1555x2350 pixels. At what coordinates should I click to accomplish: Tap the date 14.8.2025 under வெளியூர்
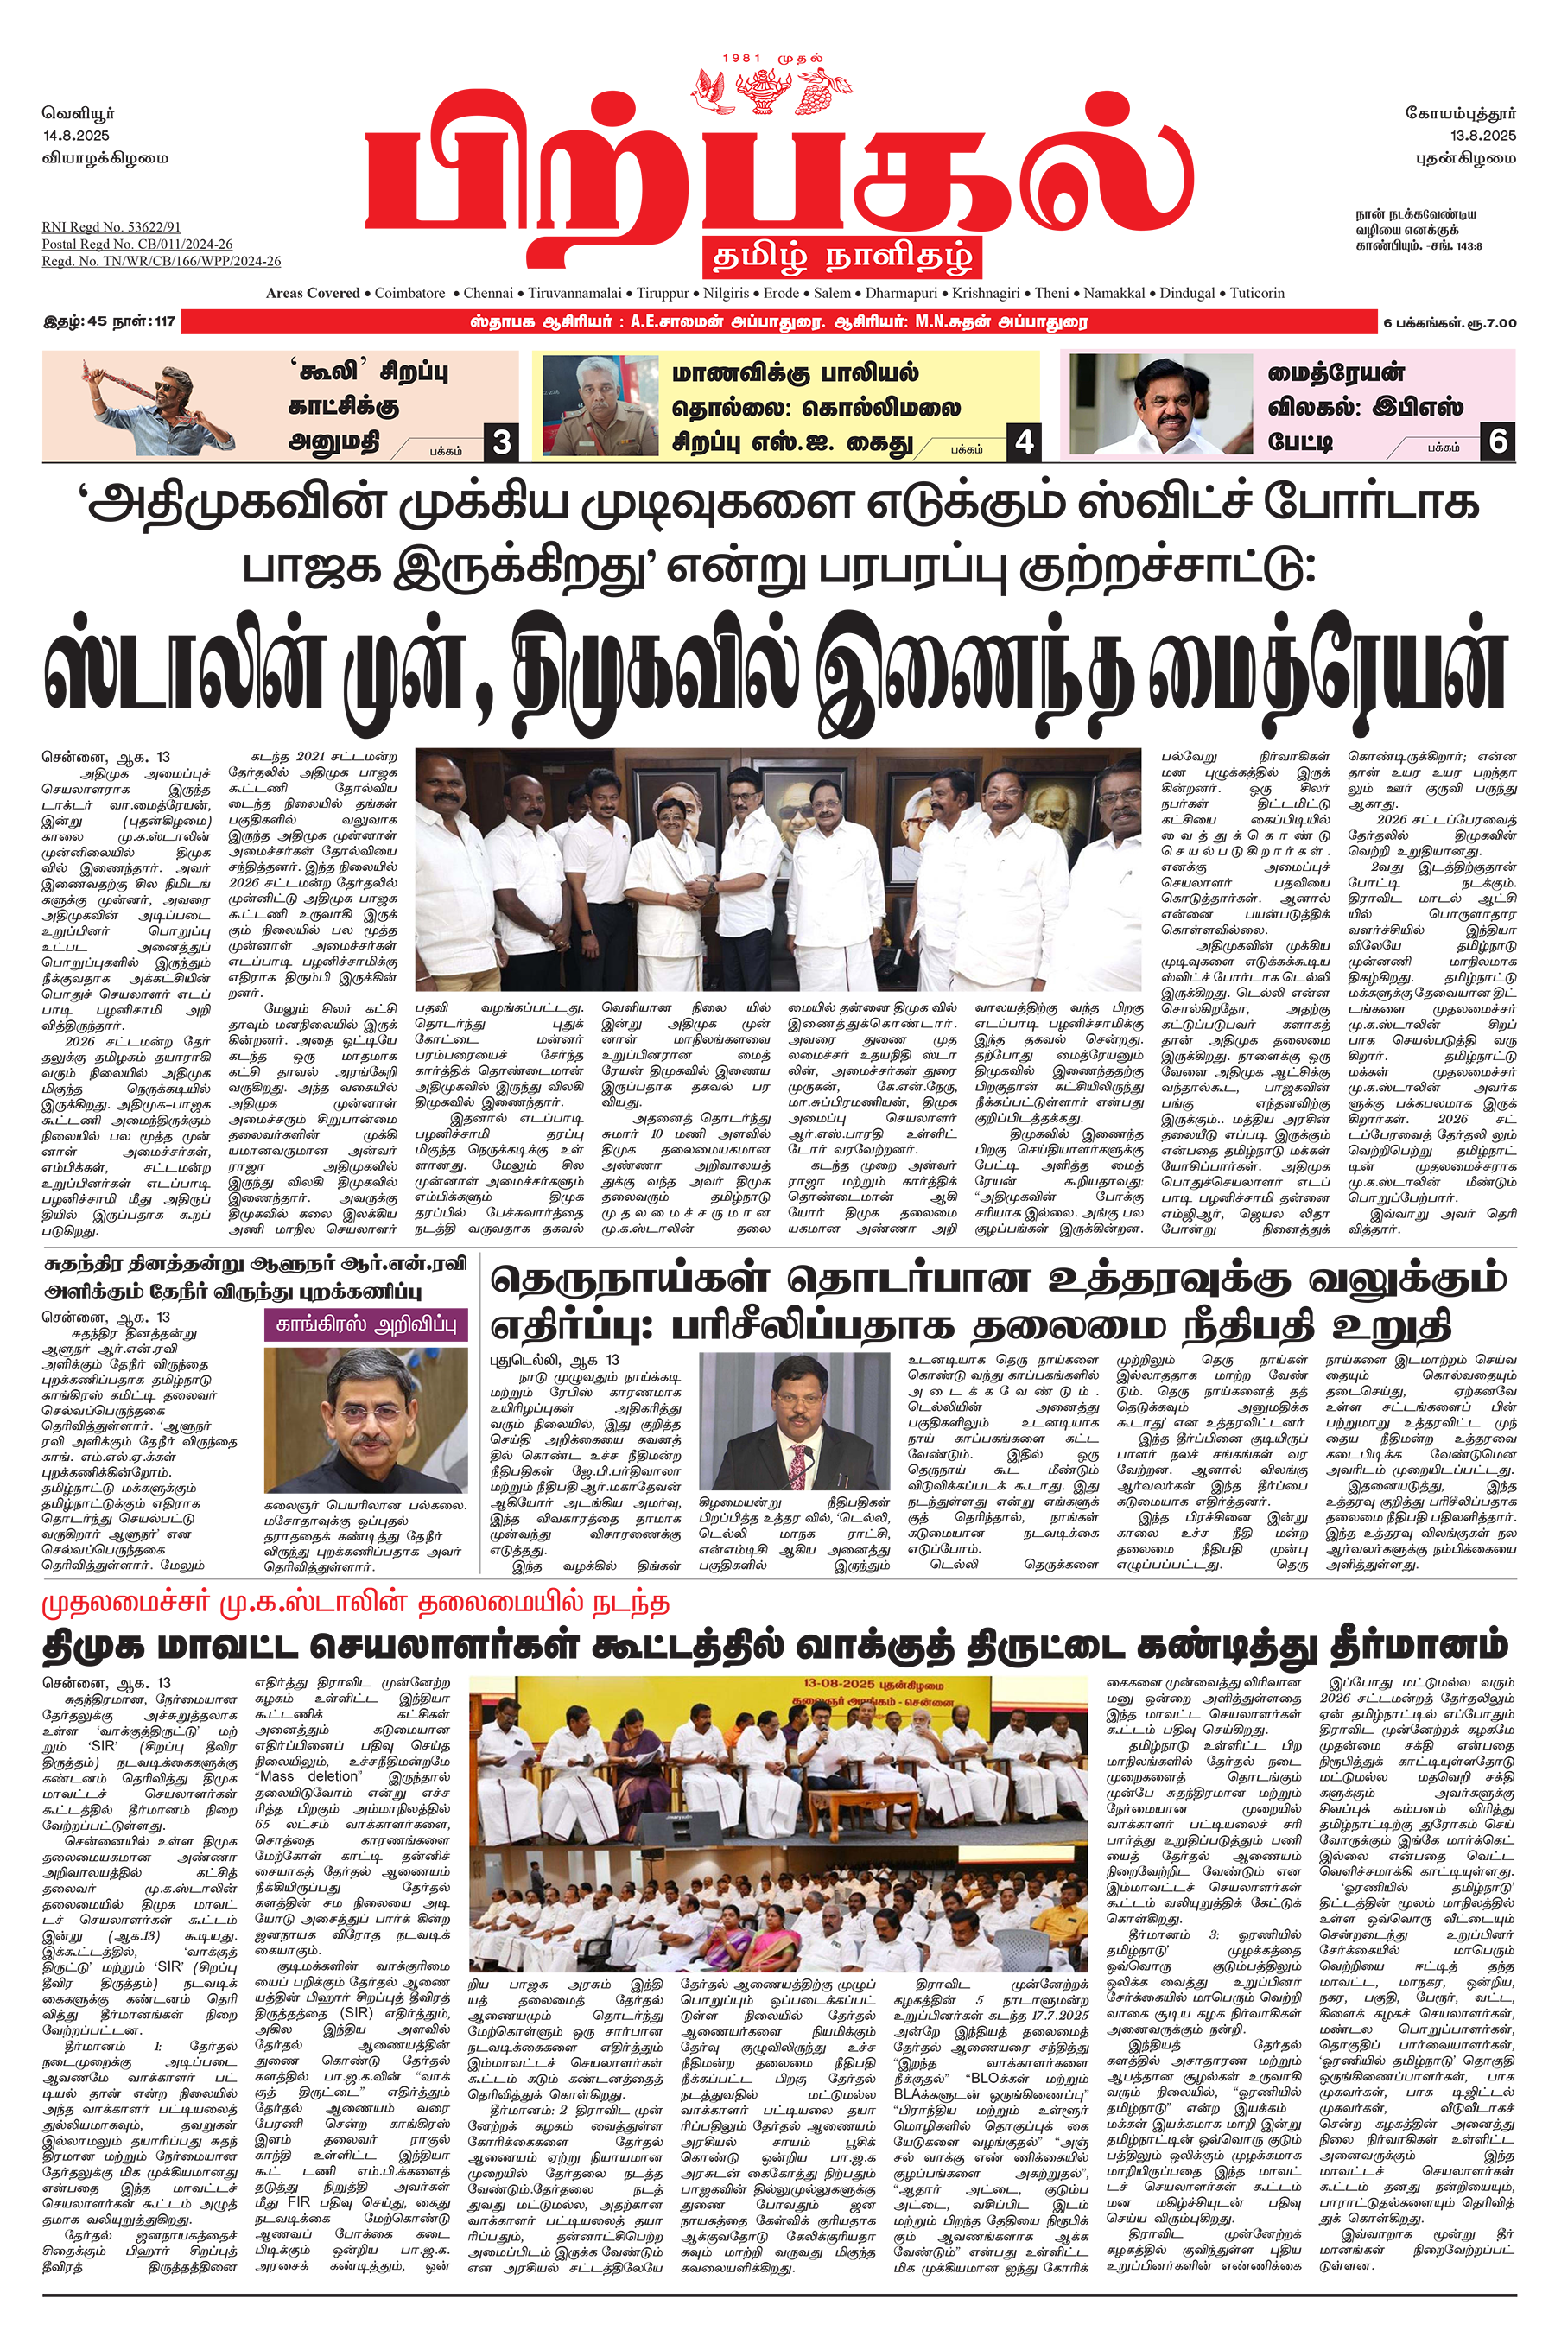(76, 136)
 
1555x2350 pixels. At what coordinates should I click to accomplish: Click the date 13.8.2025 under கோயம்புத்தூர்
(1482, 136)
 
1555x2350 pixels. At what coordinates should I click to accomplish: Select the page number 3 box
(502, 442)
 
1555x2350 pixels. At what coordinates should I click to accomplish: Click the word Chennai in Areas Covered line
(488, 294)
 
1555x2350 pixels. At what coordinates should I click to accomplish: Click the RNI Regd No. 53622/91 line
(111, 227)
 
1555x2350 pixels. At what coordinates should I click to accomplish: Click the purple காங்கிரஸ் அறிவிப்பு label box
(366, 1325)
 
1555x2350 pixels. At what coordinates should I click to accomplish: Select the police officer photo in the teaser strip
(601, 405)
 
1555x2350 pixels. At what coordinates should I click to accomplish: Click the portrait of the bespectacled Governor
(366, 1420)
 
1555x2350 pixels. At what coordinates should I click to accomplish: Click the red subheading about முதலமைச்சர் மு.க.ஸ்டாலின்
(355, 1604)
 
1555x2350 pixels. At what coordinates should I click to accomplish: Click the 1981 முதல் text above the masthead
(772, 59)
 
